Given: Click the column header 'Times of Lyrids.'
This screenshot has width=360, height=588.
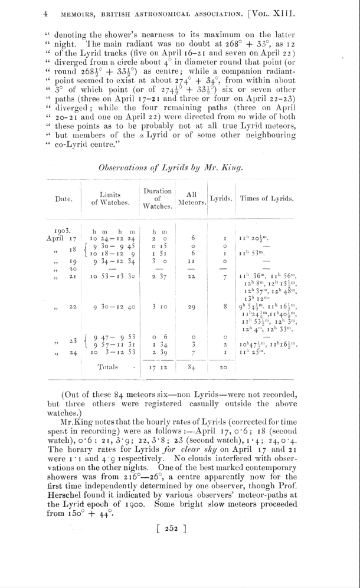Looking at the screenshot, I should (267, 199).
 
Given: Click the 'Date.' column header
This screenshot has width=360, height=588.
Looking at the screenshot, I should (64, 199).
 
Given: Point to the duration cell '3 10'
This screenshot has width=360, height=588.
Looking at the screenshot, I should (156, 307).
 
